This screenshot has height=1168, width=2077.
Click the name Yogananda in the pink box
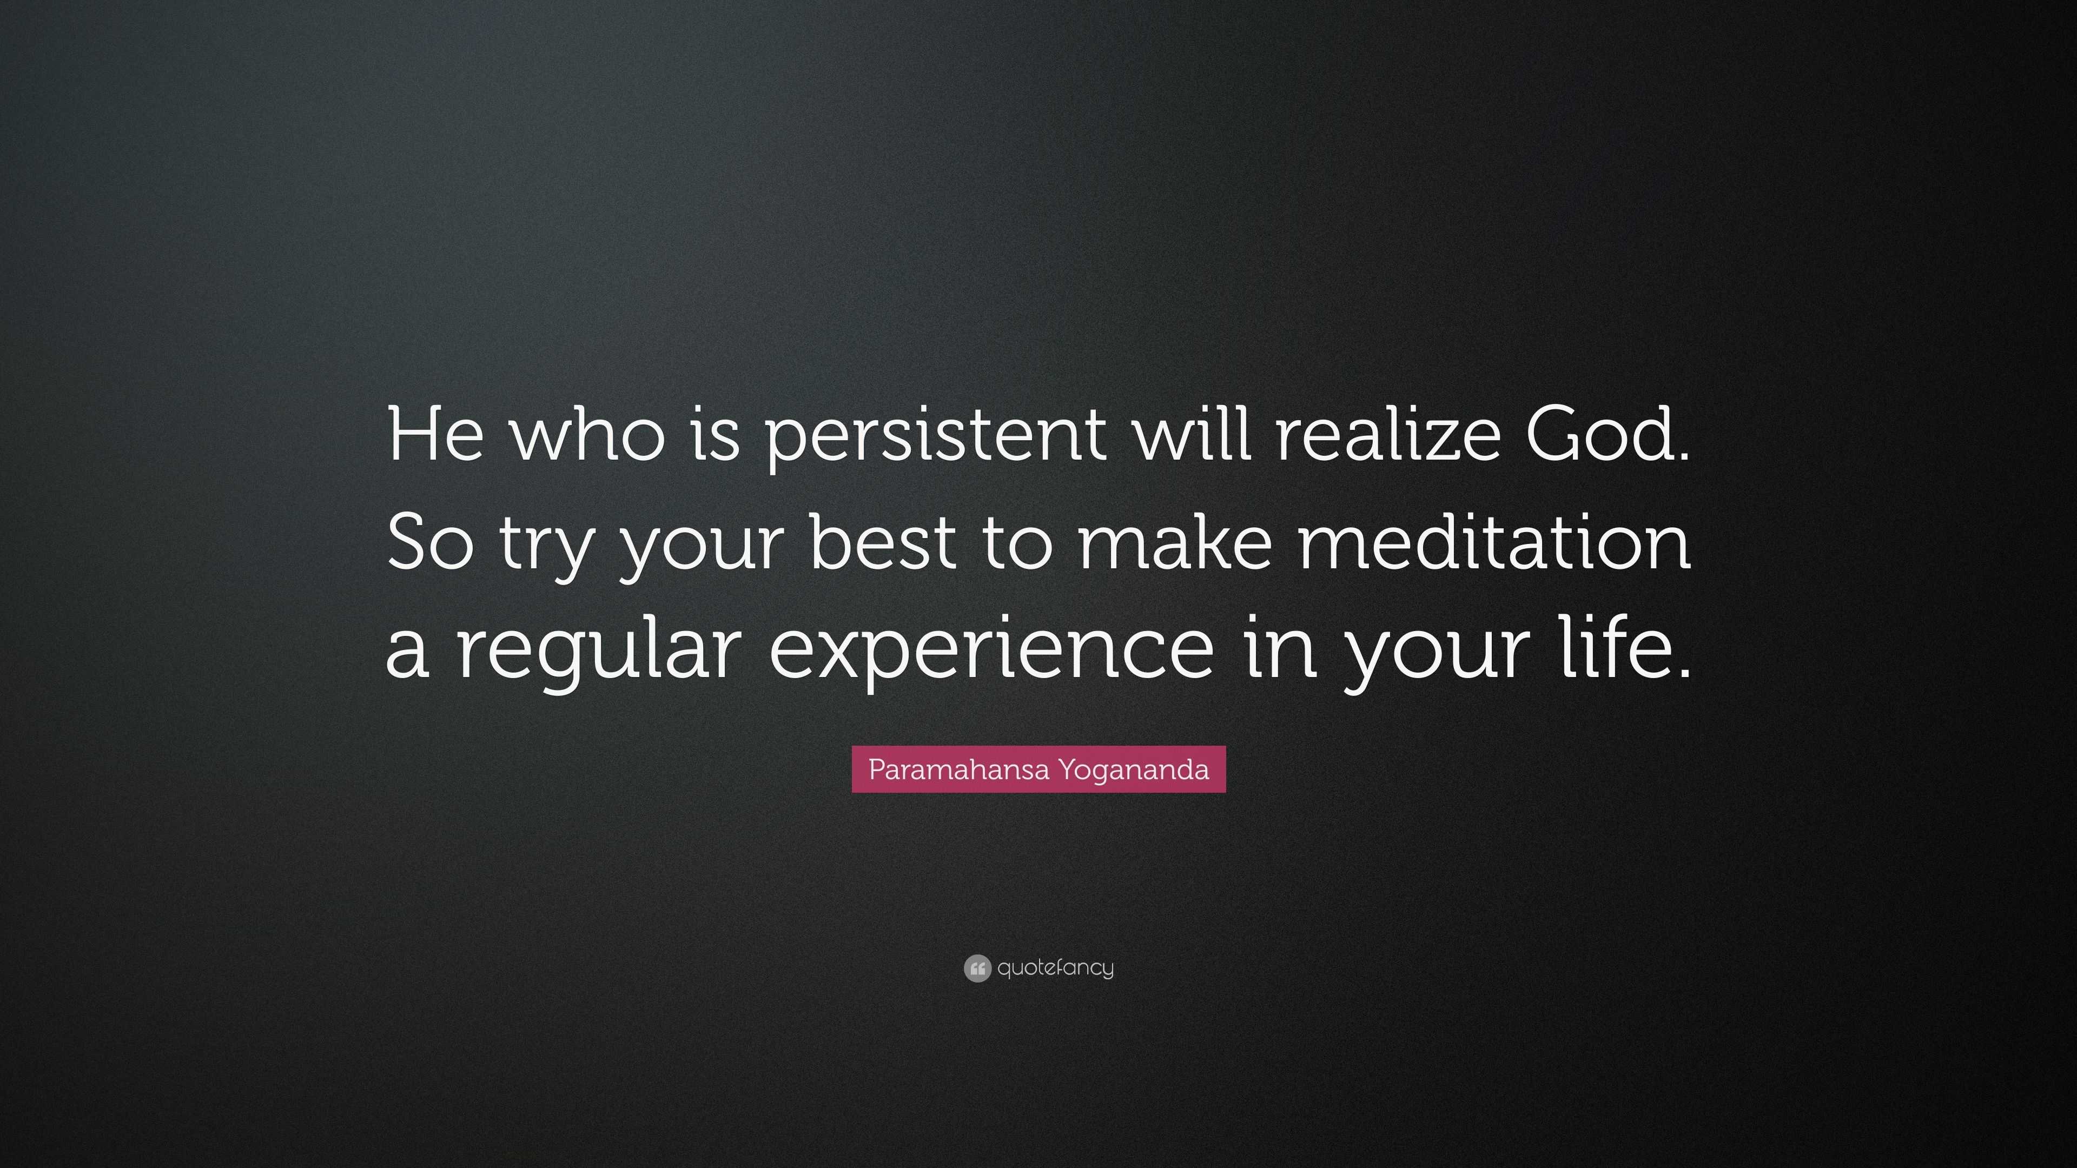[1134, 770]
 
